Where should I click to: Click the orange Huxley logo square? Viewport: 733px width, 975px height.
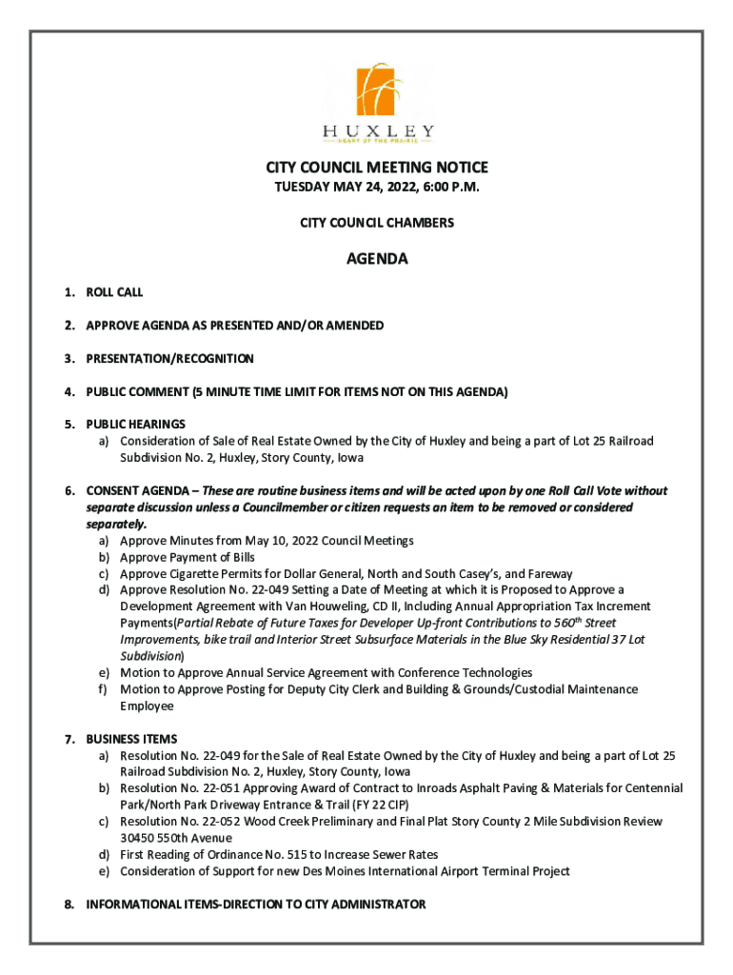point(377,90)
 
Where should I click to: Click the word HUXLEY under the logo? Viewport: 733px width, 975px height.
point(378,130)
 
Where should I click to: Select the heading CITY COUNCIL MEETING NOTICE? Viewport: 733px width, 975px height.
point(377,168)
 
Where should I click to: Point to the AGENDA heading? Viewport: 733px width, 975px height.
point(377,259)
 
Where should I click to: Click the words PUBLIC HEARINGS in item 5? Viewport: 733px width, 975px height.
point(135,424)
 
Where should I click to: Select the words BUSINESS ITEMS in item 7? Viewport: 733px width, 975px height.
point(131,739)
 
